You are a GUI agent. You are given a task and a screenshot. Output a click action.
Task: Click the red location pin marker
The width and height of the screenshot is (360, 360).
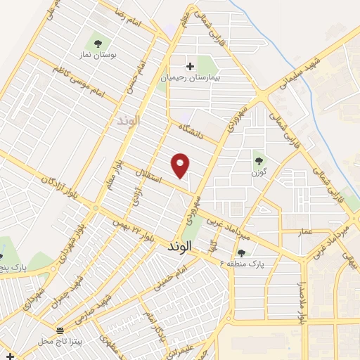click(181, 165)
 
